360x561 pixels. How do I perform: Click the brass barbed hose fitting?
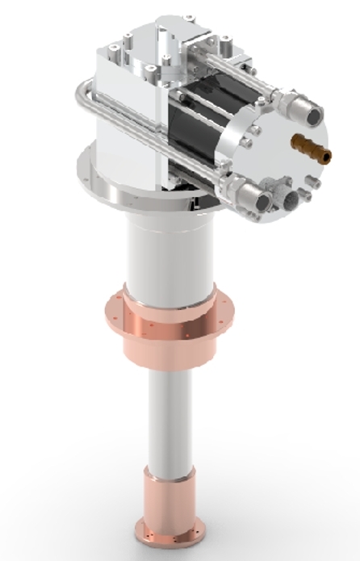[312, 147]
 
